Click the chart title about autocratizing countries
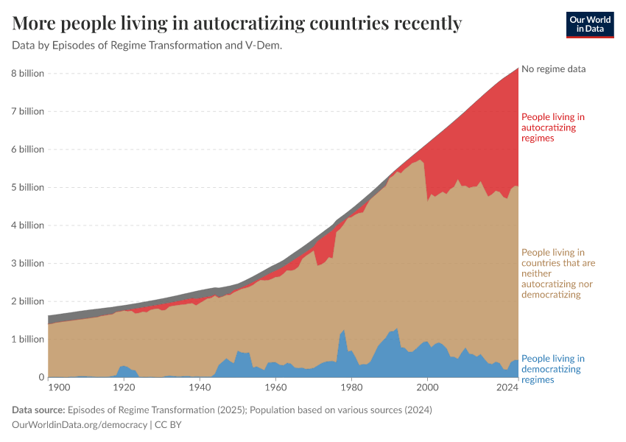(237, 24)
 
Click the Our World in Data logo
(590, 24)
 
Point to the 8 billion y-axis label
(27, 73)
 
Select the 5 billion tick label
(27, 187)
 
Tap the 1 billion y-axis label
(27, 339)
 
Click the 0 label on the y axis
(41, 377)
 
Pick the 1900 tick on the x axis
(59, 387)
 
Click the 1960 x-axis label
(275, 387)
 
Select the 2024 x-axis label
(507, 387)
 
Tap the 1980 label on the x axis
(351, 387)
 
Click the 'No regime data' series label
(553, 69)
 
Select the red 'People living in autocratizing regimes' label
(552, 127)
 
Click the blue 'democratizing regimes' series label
(552, 369)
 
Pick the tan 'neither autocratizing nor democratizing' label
(558, 273)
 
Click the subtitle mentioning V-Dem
(147, 46)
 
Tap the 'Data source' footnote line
(222, 410)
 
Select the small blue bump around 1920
(124, 367)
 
